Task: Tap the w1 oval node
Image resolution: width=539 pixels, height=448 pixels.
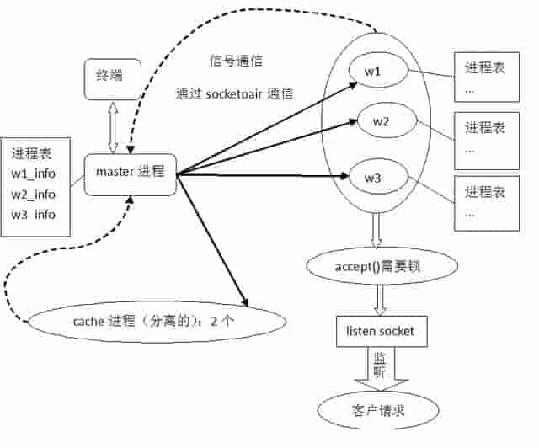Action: tap(373, 72)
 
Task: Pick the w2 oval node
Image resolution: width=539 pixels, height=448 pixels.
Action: tap(382, 122)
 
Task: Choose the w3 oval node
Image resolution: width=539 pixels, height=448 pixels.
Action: tap(373, 178)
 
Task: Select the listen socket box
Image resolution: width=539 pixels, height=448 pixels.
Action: tap(380, 332)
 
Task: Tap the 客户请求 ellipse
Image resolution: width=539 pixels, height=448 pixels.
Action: tap(379, 411)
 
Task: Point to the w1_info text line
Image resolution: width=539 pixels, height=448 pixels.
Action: tap(34, 173)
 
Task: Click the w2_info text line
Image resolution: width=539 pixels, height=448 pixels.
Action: tap(34, 194)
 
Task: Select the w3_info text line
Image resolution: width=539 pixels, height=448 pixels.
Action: tap(34, 214)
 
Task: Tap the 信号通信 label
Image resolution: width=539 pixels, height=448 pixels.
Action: tap(236, 61)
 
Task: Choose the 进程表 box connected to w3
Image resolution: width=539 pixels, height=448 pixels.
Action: tap(485, 202)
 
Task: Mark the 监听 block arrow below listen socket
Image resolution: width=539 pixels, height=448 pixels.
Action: tap(380, 367)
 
